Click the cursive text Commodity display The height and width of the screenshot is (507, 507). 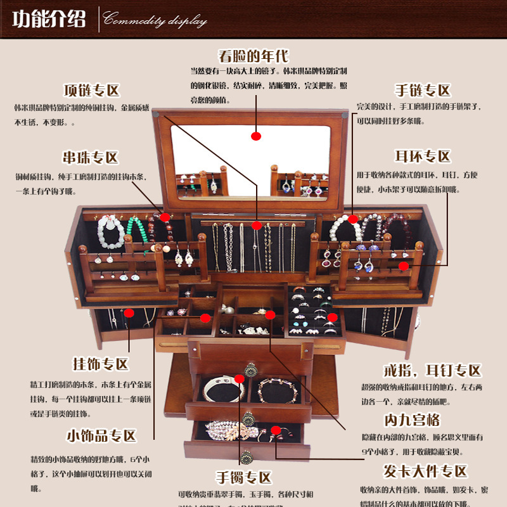(x=155, y=20)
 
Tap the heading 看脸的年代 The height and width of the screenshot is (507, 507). (x=253, y=56)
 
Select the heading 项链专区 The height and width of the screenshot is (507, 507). (x=91, y=90)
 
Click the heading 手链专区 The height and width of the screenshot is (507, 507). (x=423, y=89)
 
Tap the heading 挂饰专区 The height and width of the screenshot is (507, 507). (x=101, y=364)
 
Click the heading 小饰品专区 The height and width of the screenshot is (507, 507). (x=101, y=436)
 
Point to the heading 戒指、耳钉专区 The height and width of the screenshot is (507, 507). (x=433, y=371)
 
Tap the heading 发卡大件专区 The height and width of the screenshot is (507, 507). (x=425, y=471)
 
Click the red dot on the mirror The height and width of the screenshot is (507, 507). (x=256, y=136)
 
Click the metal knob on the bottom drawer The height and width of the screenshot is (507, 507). (x=247, y=456)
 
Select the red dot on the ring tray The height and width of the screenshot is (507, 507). (x=331, y=317)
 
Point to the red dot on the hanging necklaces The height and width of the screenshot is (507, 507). (x=256, y=225)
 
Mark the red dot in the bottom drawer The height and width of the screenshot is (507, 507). (x=276, y=430)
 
